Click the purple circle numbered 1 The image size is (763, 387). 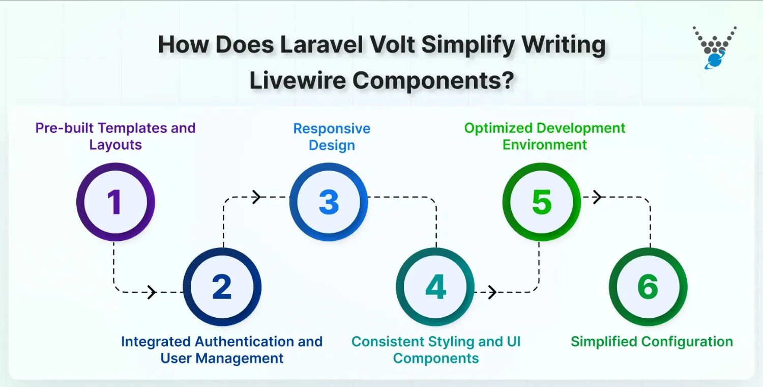[115, 202]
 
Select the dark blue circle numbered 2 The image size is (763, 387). [222, 287]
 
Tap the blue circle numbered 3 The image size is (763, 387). [329, 202]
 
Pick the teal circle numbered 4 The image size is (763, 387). [435, 287]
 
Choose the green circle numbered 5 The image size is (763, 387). [542, 202]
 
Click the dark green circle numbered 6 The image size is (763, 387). [648, 287]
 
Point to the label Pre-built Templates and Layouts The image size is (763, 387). [115, 136]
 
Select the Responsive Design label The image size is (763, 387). [332, 137]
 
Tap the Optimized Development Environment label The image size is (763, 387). [545, 136]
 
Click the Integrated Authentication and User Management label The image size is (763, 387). [222, 350]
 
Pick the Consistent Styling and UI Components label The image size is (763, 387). [436, 350]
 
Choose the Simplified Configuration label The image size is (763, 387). [652, 342]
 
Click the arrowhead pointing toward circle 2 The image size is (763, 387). [151, 292]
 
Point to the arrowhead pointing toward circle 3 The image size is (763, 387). [257, 197]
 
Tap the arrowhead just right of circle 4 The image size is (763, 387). [492, 292]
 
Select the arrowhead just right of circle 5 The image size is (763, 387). [598, 197]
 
